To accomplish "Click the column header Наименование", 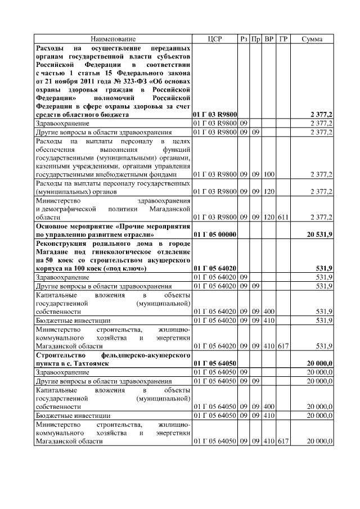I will coord(114,39).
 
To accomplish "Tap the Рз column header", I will coord(243,39).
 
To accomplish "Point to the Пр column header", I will coord(256,39).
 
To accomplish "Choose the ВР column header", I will coord(269,39).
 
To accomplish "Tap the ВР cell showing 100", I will coord(269,174).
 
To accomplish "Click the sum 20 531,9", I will coord(319,233).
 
